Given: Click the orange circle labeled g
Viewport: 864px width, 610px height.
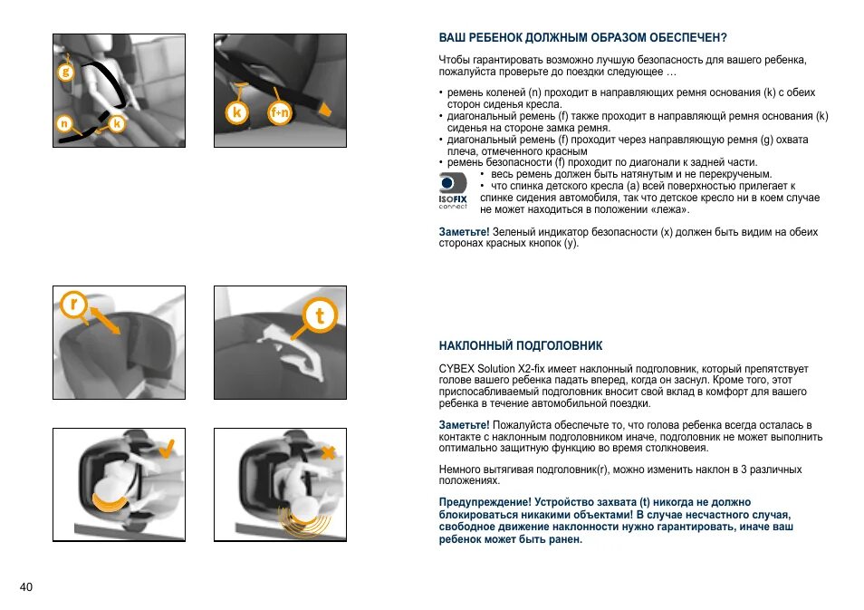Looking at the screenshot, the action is [65, 71].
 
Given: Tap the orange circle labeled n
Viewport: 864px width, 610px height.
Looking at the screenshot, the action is [64, 123].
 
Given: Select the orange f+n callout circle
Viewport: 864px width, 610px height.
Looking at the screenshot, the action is [280, 112].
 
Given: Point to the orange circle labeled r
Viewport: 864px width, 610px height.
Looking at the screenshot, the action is [74, 304].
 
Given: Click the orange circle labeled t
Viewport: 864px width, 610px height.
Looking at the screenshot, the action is [320, 315].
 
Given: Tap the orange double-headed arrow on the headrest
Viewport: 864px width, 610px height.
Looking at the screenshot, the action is [105, 321].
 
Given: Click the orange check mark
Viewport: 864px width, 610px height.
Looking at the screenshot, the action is [167, 449].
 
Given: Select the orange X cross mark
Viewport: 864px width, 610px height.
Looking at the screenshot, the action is [328, 453].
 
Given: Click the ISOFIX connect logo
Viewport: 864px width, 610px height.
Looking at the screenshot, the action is [453, 190].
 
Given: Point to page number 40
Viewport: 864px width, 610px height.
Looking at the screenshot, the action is [26, 586].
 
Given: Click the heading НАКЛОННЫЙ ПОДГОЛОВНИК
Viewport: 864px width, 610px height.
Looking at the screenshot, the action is [520, 346].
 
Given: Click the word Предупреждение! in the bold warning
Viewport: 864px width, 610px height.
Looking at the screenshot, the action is [485, 502].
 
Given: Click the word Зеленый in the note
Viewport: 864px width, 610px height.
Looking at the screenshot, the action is [513, 232].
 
